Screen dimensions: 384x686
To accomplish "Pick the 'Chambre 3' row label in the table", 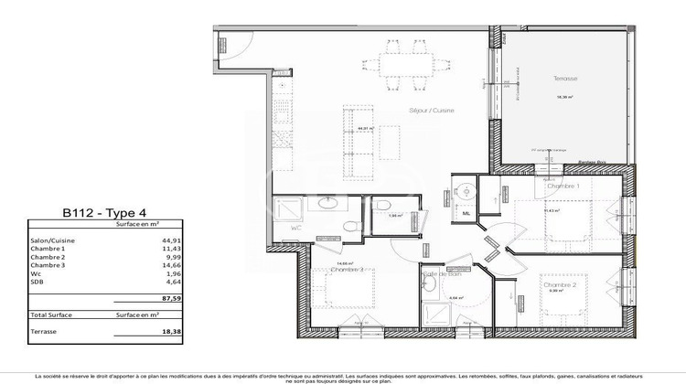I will click(48, 264).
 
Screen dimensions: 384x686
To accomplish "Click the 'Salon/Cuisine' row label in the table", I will click(53, 240).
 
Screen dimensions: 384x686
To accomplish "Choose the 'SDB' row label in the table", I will click(38, 281).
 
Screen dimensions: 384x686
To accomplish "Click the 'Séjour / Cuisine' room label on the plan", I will click(432, 111).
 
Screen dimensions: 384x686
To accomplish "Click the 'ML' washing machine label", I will click(466, 214).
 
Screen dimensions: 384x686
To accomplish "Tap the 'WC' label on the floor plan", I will click(295, 228).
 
